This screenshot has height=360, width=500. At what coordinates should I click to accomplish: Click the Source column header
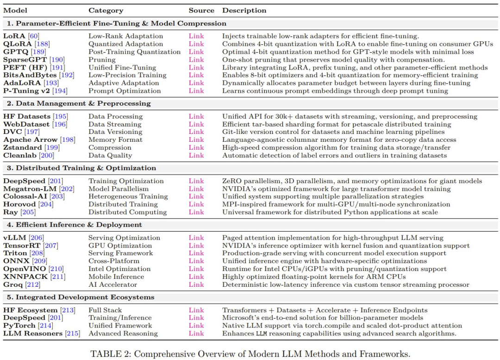[201, 10]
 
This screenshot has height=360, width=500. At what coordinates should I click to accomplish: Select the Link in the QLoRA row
[196, 44]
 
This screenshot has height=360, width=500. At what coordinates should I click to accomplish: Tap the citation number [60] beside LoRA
[33, 36]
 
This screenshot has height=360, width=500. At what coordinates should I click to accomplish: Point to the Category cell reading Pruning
[102, 59]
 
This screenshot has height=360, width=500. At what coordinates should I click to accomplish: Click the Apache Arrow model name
[31, 139]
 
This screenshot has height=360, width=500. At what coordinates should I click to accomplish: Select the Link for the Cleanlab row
[196, 155]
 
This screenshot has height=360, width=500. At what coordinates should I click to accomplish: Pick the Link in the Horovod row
[196, 204]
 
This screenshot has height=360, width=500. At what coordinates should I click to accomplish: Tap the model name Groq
[13, 284]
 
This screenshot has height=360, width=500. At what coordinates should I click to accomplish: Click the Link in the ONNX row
[196, 261]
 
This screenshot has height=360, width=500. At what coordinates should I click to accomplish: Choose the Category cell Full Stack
[105, 310]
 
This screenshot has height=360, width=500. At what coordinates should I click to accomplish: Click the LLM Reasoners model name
[32, 333]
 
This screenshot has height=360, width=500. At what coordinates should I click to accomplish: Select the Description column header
[244, 10]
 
